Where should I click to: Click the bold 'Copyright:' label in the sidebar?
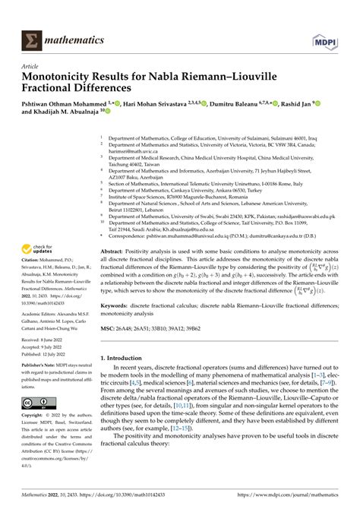pyautogui.click(x=36, y=417)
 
